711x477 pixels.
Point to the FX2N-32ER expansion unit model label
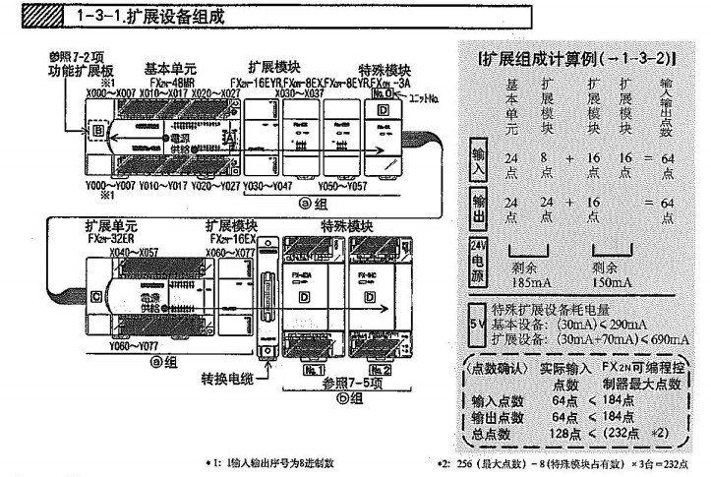109,239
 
